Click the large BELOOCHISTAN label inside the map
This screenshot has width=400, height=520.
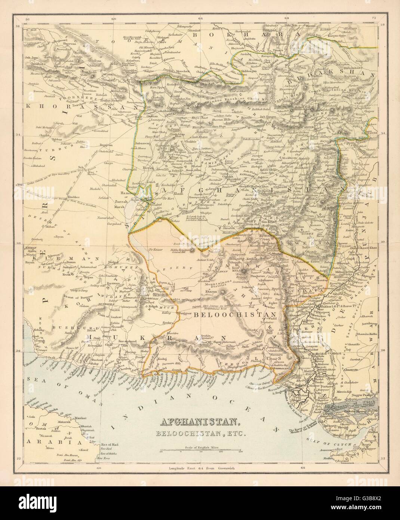pos(235,315)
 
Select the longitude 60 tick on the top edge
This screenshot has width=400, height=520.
pos(114,18)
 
